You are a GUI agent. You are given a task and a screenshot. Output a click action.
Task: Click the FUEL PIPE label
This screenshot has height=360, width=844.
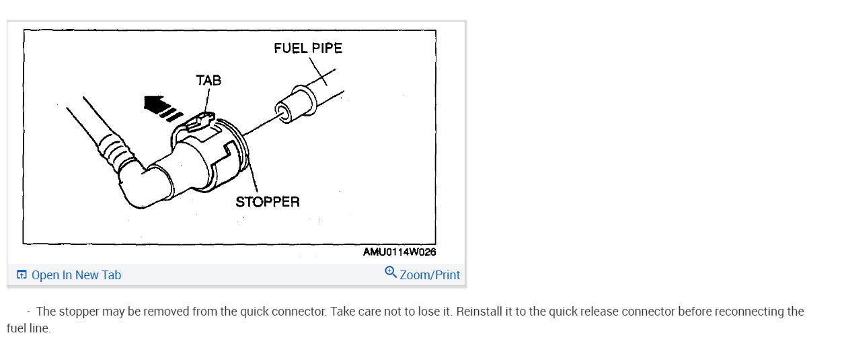(307, 48)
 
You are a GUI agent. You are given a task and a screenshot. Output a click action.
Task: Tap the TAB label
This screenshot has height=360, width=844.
(208, 81)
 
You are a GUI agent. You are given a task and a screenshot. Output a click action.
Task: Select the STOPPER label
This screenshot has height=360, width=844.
(267, 202)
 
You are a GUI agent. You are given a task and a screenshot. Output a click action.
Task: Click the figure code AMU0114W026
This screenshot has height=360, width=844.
(399, 252)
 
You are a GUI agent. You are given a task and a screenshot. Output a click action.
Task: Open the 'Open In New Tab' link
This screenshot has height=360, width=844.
(76, 275)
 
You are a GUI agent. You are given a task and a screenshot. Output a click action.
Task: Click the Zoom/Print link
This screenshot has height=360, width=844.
(430, 275)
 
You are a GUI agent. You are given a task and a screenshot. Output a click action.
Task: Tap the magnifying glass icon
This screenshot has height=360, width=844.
(391, 272)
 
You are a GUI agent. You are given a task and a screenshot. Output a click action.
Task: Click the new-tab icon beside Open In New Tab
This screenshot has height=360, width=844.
(22, 275)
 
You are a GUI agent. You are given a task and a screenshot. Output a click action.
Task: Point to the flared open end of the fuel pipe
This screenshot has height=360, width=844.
(284, 110)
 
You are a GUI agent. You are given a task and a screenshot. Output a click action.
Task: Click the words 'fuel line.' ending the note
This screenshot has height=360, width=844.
(29, 330)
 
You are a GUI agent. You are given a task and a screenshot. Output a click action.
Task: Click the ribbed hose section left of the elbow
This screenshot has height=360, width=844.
(114, 151)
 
